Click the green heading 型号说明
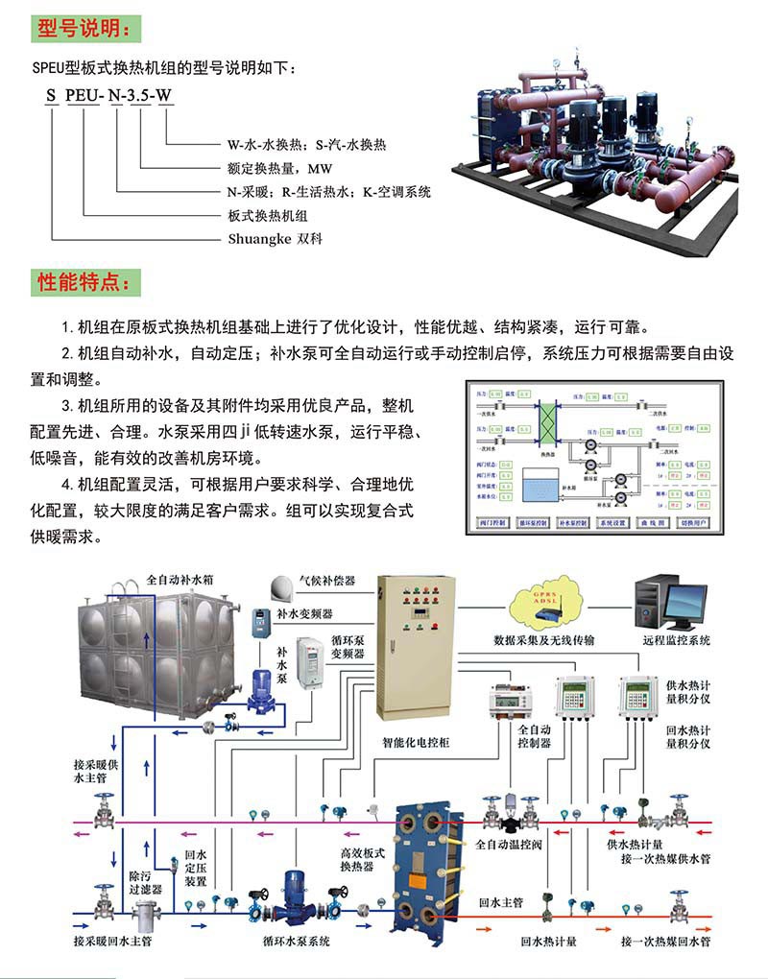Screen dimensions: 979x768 click(x=85, y=28)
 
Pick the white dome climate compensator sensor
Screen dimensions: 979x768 click(x=281, y=585)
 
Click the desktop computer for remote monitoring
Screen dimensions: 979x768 click(x=662, y=599)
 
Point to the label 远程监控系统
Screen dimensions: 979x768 click(x=677, y=639)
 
